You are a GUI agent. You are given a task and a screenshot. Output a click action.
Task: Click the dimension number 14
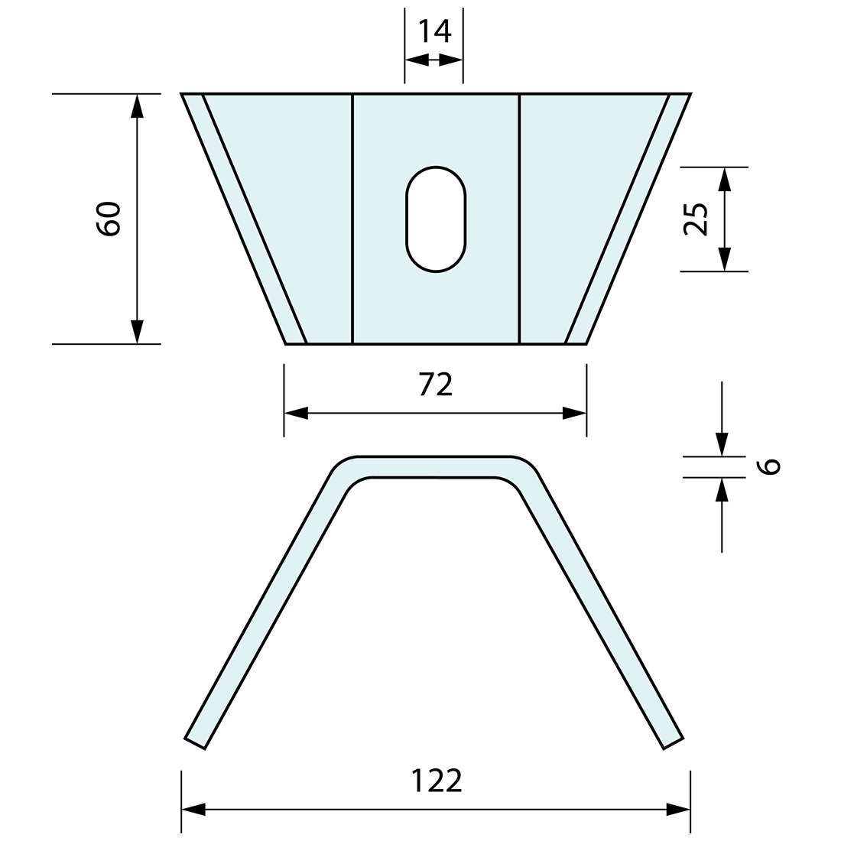[434, 31]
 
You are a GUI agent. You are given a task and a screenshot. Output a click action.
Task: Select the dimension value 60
[109, 219]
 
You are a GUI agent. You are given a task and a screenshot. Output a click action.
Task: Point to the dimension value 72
[435, 385]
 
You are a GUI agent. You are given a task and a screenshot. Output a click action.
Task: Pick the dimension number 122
[437, 781]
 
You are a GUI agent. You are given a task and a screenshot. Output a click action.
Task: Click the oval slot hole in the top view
[436, 219]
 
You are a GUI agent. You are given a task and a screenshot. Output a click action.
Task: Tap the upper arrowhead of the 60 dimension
[137, 106]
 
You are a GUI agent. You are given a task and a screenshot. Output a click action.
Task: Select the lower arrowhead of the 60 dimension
[137, 332]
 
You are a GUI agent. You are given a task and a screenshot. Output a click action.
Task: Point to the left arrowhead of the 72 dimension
[296, 414]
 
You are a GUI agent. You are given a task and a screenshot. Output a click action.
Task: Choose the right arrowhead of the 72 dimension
[574, 414]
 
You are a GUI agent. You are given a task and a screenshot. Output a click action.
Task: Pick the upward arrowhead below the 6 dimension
[722, 489]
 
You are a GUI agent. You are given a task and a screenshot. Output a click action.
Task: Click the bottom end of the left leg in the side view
[195, 742]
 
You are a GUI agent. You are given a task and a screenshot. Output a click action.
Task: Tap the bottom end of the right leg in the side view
[673, 742]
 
